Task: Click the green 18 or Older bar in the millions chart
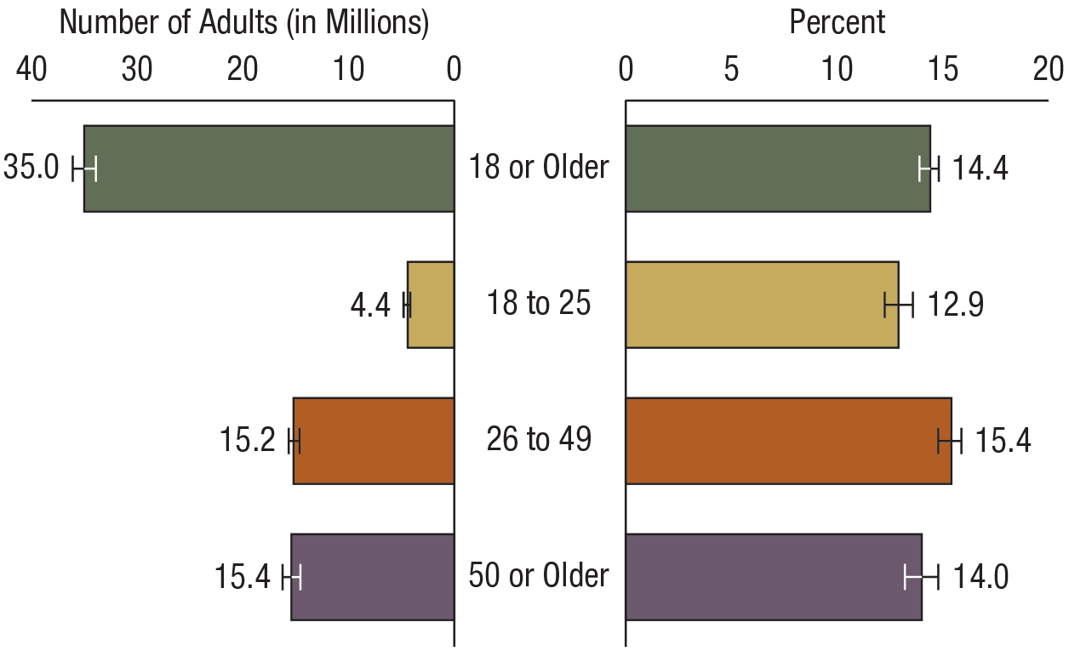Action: pyautogui.click(x=268, y=168)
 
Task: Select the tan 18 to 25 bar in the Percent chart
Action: pyautogui.click(x=762, y=305)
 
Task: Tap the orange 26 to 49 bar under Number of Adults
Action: pyautogui.click(x=374, y=441)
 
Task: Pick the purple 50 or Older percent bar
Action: pyautogui.click(x=774, y=577)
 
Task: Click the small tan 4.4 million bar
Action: pyautogui.click(x=431, y=305)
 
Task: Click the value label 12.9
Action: pyautogui.click(x=956, y=306)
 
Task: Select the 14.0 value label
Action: pyautogui.click(x=980, y=578)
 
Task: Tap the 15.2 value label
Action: pyautogui.click(x=247, y=442)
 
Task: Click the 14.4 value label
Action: pyautogui.click(x=980, y=169)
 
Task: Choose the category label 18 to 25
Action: pyautogui.click(x=539, y=304)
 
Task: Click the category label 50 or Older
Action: pyautogui.click(x=539, y=576)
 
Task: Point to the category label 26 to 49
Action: pyautogui.click(x=539, y=440)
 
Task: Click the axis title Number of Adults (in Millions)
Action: pyautogui.click(x=243, y=24)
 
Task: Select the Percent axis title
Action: pyautogui.click(x=837, y=23)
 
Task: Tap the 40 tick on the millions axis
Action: pyautogui.click(x=31, y=71)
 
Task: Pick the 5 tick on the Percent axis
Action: pyautogui.click(x=731, y=71)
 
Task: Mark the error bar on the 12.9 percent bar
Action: pyautogui.click(x=899, y=305)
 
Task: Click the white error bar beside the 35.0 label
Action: pyautogui.click(x=84, y=168)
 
